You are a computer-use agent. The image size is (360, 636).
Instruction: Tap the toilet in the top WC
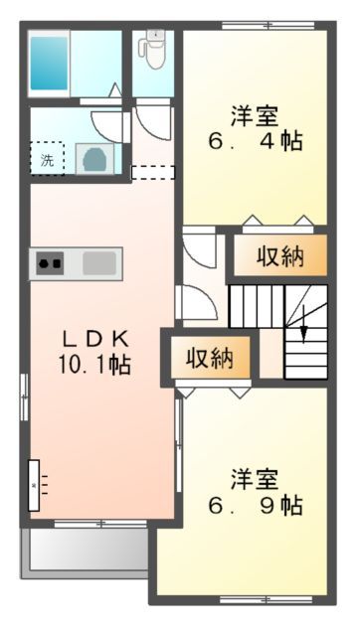[153, 47]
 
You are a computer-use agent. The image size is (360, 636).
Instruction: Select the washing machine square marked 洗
[47, 157]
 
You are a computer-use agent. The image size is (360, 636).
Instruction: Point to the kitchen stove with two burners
[52, 263]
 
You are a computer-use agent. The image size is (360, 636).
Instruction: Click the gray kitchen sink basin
[99, 263]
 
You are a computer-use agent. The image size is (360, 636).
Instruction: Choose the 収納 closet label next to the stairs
[279, 256]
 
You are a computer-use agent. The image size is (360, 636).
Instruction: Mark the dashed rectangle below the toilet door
[153, 172]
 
